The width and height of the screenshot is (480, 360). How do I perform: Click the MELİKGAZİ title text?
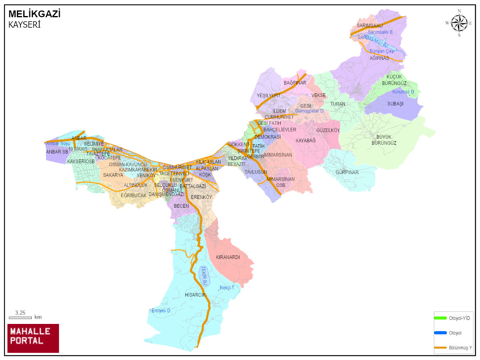(x=34, y=14)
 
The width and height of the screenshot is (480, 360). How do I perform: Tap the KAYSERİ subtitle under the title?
(x=24, y=24)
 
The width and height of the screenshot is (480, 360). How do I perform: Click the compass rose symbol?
(x=459, y=23)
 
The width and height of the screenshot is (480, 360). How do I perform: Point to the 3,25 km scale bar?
(x=20, y=317)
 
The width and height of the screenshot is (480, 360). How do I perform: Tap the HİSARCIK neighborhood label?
(x=195, y=295)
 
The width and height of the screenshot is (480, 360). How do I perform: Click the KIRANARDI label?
(x=228, y=257)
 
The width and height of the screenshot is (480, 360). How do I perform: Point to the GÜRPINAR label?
(x=347, y=172)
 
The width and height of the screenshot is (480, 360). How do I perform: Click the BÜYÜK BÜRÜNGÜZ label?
(x=384, y=140)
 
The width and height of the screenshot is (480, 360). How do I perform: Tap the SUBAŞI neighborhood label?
(x=395, y=103)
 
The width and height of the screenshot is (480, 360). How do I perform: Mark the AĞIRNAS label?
(x=379, y=58)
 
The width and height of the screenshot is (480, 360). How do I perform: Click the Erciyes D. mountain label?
(x=161, y=311)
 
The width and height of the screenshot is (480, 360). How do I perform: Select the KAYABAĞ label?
(x=306, y=141)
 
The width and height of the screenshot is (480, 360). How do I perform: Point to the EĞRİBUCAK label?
(x=134, y=195)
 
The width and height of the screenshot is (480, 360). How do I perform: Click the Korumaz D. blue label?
(x=403, y=92)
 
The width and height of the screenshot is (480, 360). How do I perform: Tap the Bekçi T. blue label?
(x=227, y=288)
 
